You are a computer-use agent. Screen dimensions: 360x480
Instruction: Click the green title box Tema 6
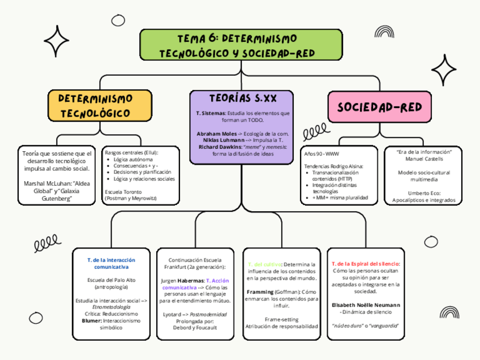(x=241, y=45)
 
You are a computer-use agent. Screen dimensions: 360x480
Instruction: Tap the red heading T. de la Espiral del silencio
(x=366, y=264)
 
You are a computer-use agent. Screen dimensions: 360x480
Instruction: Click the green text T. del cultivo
(x=264, y=264)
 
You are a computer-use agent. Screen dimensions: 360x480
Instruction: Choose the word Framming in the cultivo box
(x=261, y=292)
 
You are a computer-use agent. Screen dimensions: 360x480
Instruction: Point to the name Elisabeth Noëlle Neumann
(x=366, y=305)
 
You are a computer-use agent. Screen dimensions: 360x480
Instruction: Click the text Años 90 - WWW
(x=322, y=153)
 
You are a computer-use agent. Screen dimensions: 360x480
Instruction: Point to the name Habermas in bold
(x=191, y=280)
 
